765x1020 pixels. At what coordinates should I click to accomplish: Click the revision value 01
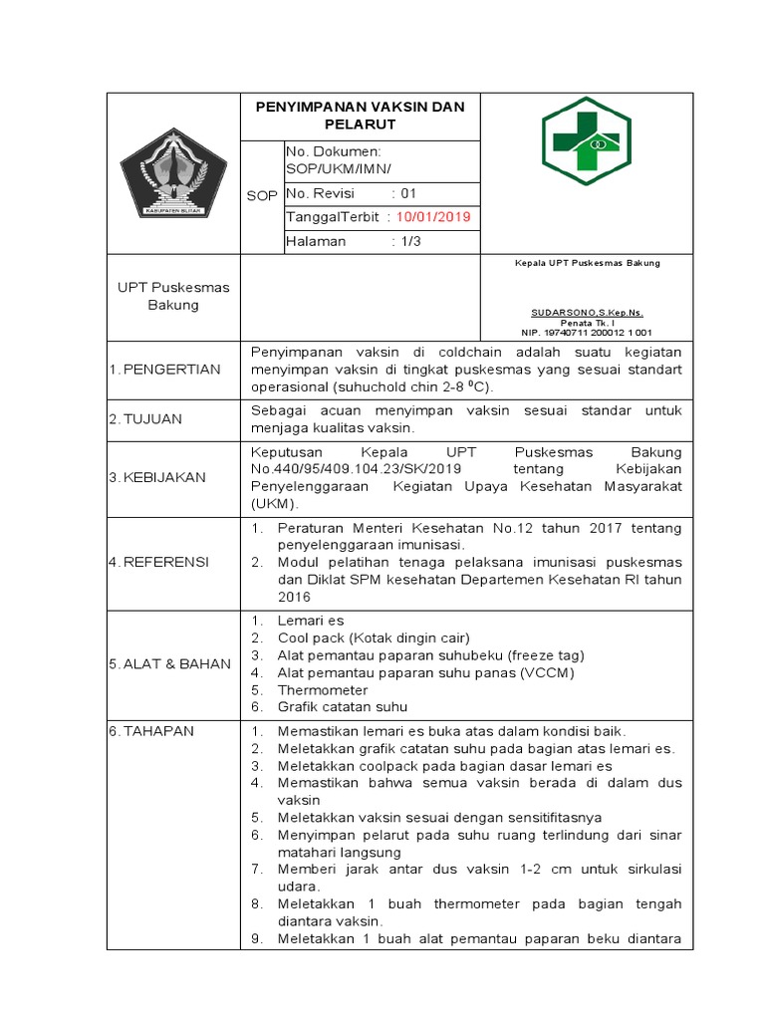pos(408,192)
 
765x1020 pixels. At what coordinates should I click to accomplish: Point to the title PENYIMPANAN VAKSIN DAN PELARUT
pos(360,116)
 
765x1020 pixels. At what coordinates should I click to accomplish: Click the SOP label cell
pos(261,196)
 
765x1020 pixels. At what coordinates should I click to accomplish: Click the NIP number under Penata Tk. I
pos(587,333)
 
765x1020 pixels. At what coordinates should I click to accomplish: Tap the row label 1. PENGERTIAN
pos(164,370)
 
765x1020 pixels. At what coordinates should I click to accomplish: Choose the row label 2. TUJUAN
pos(145,419)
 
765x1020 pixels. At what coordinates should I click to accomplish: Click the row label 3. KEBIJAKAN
pos(157,477)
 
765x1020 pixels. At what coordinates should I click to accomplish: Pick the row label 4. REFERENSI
pos(158,562)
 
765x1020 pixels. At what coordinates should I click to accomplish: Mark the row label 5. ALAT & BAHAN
pos(169,663)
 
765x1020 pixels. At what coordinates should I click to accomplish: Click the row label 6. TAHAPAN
pos(151,730)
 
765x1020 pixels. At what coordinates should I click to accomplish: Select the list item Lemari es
pos(310,621)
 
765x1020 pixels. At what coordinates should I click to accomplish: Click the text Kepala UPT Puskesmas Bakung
pos(587,263)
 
